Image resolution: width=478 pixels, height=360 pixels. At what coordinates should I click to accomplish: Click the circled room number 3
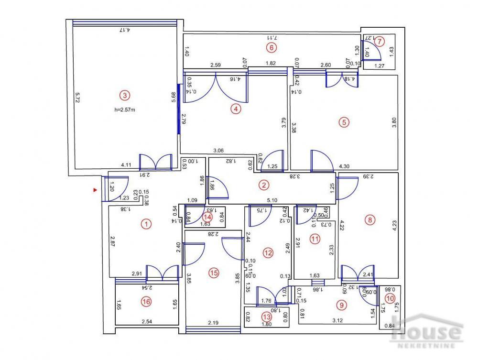click(124, 95)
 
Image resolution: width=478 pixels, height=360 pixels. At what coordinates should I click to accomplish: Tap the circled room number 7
click(379, 41)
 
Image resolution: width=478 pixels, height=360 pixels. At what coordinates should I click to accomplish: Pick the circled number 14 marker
click(207, 215)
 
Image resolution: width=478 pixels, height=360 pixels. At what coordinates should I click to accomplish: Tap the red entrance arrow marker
click(95, 190)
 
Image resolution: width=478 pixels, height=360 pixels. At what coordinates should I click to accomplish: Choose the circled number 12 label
click(268, 252)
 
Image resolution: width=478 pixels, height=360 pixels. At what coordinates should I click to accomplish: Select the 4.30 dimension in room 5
click(344, 166)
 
